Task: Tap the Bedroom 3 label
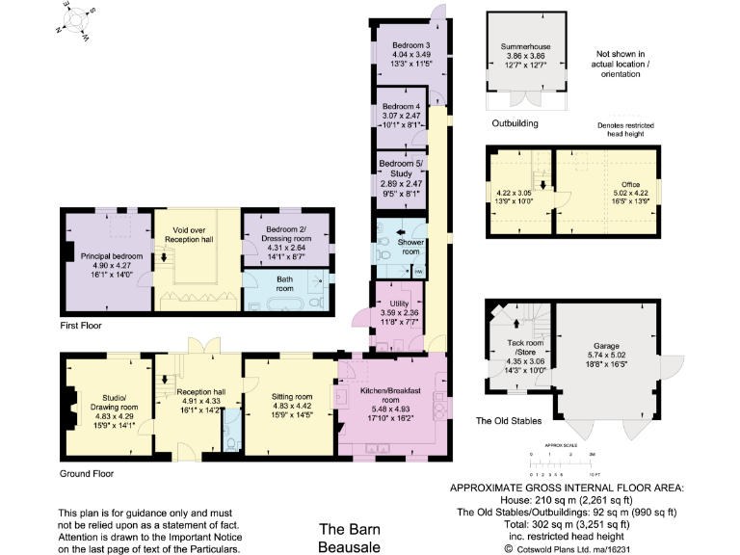pyautogui.click(x=410, y=45)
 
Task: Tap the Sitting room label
pyautogui.click(x=290, y=396)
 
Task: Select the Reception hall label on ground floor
pyautogui.click(x=200, y=391)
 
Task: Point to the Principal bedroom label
pyautogui.click(x=106, y=254)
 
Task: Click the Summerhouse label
pyautogui.click(x=526, y=46)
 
